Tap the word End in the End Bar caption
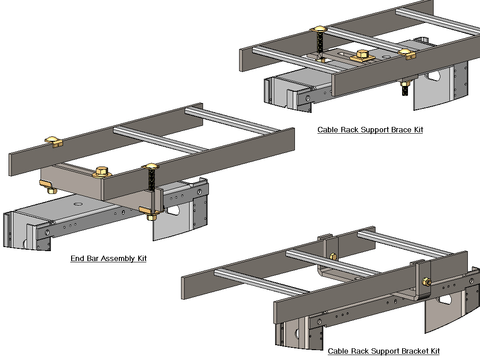point(77,259)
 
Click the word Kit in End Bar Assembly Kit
point(141,259)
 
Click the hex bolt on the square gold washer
point(363,54)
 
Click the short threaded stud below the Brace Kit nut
point(405,90)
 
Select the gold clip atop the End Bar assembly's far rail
point(54,141)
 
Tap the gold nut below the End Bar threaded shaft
point(151,217)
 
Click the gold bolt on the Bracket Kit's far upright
point(333,256)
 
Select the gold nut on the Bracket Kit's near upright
point(425,282)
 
